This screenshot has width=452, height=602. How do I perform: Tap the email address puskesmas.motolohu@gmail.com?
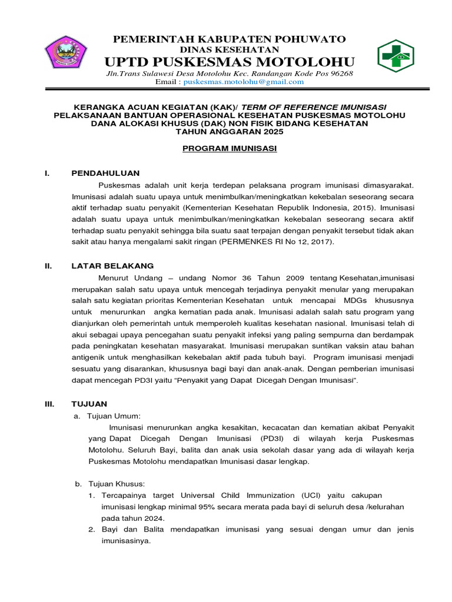pos(243,82)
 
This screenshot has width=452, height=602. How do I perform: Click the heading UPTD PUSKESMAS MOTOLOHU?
pos(230,62)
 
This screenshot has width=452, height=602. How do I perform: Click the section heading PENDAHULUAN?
pos(105,173)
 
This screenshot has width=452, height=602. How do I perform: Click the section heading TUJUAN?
pos(89,404)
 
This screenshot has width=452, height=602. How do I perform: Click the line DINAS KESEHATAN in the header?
pos(229,50)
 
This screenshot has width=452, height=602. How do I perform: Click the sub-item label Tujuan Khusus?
pos(115,483)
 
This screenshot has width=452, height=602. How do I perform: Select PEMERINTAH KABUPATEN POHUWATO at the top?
pos(230,39)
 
